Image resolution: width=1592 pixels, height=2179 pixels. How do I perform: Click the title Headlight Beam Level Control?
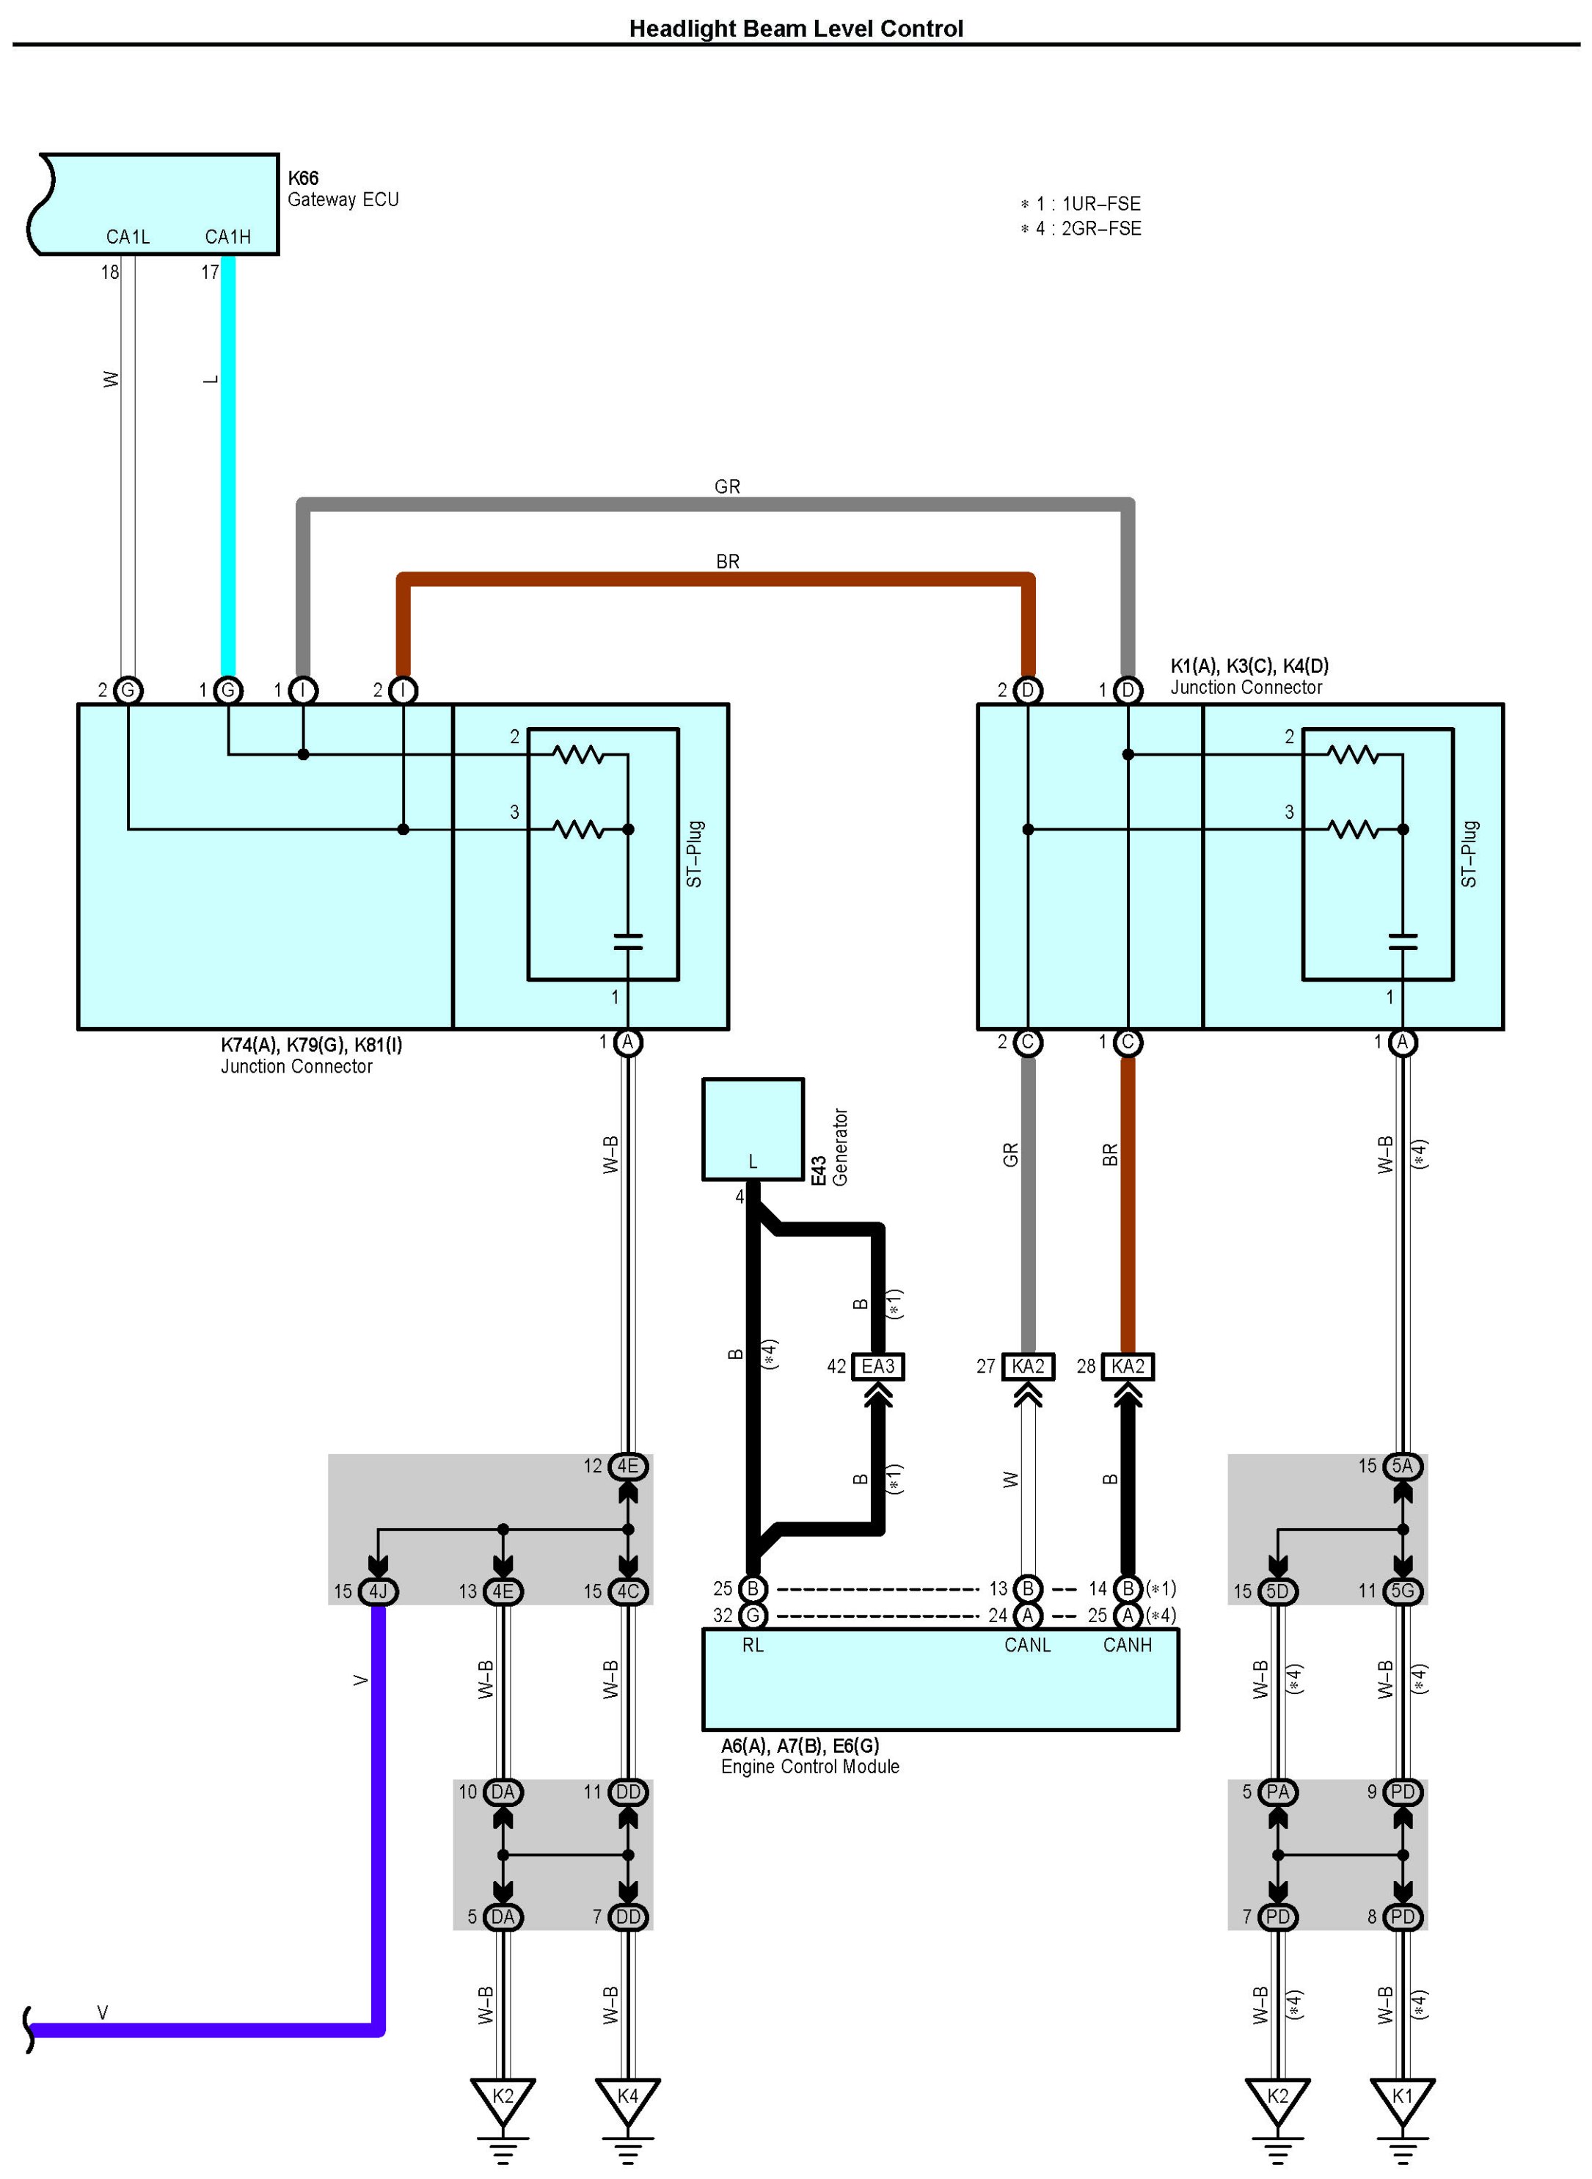click(x=795, y=29)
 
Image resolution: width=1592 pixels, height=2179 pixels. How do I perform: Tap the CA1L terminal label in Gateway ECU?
click(x=128, y=237)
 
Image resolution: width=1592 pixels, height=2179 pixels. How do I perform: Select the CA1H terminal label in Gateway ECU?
click(x=227, y=237)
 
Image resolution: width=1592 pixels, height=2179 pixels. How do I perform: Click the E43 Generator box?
click(x=753, y=1128)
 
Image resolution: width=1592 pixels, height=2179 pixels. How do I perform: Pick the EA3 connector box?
click(x=878, y=1367)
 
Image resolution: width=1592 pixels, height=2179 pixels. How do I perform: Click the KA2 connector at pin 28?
click(x=1128, y=1367)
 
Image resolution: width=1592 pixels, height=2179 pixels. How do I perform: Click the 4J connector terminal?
click(x=378, y=1591)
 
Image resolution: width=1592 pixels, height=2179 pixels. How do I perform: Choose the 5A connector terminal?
click(x=1402, y=1466)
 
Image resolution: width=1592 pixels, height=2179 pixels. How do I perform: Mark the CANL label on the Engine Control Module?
click(x=1027, y=1645)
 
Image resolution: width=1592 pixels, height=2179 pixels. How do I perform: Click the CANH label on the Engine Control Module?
click(x=1128, y=1645)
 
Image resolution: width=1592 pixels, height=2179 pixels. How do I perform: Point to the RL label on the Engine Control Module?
click(x=753, y=1645)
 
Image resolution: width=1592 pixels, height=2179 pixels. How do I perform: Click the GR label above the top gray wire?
click(x=728, y=486)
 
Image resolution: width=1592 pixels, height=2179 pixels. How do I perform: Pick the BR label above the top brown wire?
click(x=728, y=561)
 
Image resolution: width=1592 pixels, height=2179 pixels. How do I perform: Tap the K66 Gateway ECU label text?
click(x=342, y=189)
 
